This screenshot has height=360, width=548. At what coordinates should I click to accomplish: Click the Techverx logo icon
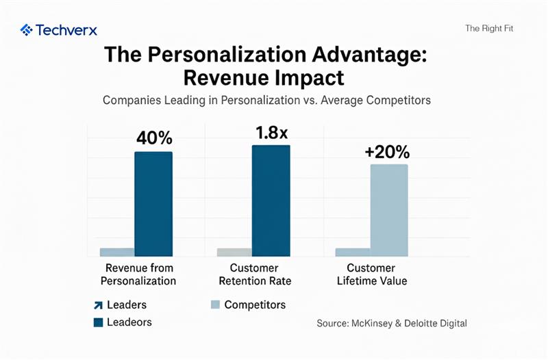(27, 29)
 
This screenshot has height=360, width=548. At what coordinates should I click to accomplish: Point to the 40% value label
(154, 138)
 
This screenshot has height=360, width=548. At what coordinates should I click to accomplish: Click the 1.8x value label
(272, 132)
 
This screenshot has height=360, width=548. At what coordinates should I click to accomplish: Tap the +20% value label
(387, 152)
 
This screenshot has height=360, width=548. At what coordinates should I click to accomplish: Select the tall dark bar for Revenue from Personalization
(153, 204)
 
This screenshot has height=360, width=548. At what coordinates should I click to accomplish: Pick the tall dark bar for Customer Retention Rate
(271, 201)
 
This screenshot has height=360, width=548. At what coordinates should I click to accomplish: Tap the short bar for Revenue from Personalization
(117, 252)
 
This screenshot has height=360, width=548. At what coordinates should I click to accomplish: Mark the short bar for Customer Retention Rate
(234, 252)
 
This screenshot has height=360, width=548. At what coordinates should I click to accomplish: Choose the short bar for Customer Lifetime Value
(352, 252)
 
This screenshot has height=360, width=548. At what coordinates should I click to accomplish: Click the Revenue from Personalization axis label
(138, 274)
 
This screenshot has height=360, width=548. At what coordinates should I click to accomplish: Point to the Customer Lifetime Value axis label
(376, 274)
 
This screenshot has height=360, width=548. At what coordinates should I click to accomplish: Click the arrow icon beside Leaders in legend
(97, 305)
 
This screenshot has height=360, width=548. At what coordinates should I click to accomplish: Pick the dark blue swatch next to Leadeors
(97, 322)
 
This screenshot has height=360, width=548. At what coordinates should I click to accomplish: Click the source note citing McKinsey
(392, 323)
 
